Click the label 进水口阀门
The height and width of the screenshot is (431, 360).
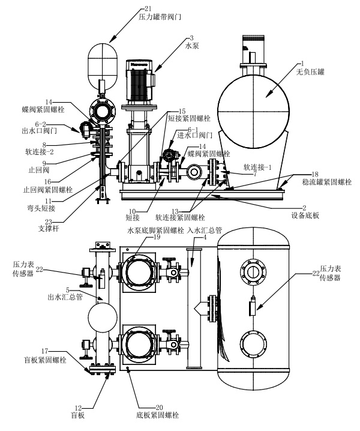coord(194,136)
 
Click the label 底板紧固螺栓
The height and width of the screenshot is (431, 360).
coord(158,415)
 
